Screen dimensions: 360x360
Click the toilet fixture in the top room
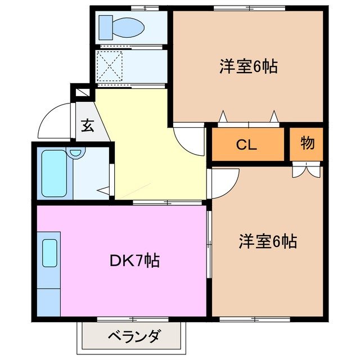120,26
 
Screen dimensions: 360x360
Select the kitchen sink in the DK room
49,253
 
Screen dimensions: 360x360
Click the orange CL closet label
246,145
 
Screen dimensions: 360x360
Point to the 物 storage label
307,144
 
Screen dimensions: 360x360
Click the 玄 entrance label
88,125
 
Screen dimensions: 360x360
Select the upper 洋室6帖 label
248,67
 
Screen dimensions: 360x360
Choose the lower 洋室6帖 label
267,242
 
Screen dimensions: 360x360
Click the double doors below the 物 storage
307,169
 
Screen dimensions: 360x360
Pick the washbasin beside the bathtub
75,152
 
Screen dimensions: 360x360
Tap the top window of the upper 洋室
242,8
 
